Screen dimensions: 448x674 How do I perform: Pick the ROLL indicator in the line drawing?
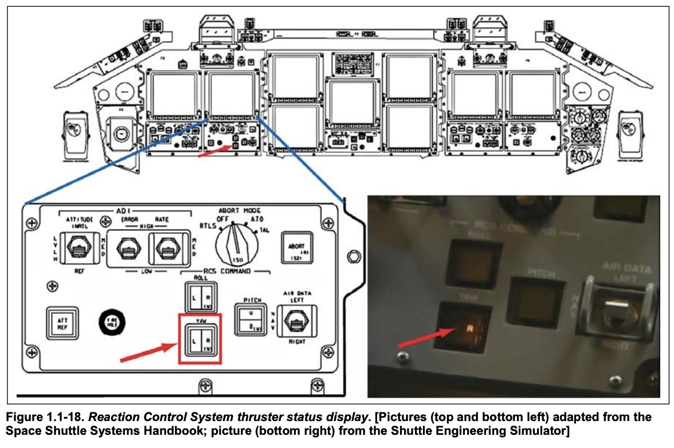click(201, 297)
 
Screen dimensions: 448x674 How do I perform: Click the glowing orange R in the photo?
click(469, 329)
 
